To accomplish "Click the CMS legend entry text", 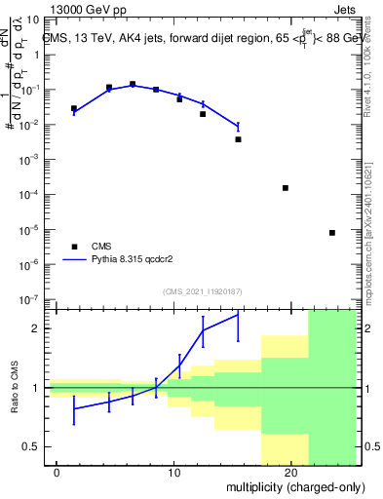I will coord(102,247).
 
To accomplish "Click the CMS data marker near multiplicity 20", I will coord(286,188).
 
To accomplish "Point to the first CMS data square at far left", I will coord(74,108).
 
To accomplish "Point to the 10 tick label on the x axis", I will coord(173,473).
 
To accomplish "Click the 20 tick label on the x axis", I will coord(290,473).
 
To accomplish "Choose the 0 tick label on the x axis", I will coord(57,473).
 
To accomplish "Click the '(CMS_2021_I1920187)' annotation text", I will coord(202,290).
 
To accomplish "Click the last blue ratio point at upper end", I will coord(238,314).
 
